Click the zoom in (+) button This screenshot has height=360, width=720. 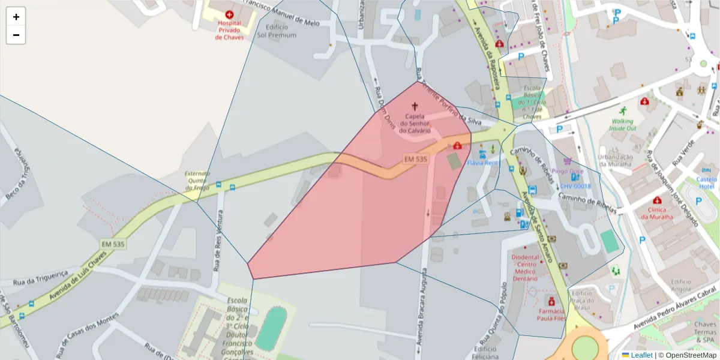(x=16, y=17)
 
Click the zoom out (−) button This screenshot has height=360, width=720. (x=16, y=35)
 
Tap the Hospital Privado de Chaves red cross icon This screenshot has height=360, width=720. (x=229, y=14)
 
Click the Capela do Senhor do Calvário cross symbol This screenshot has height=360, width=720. (x=415, y=106)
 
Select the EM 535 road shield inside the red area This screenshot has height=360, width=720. (x=415, y=159)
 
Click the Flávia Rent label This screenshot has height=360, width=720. (x=483, y=163)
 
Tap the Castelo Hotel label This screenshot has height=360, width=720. (x=706, y=183)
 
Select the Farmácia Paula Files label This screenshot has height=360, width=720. (x=551, y=314)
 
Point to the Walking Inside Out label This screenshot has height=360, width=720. (x=622, y=125)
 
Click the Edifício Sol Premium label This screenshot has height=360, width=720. (x=276, y=31)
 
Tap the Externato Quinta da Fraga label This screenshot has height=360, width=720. (x=197, y=181)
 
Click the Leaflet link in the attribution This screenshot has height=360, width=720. (x=641, y=355)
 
